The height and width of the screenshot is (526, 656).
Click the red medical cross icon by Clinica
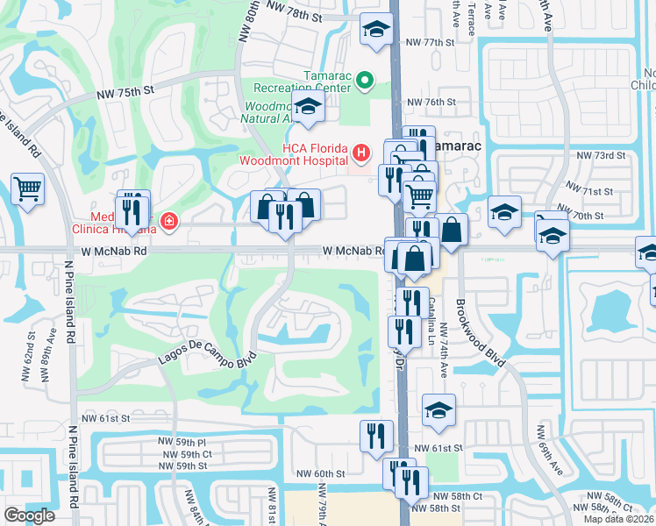point(167,223)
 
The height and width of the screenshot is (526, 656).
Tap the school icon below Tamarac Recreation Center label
point(308,107)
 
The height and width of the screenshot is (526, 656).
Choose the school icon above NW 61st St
point(439,409)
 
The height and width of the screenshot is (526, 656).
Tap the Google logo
point(29,515)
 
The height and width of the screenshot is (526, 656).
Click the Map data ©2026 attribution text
point(619,519)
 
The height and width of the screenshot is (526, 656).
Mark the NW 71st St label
point(588,190)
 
